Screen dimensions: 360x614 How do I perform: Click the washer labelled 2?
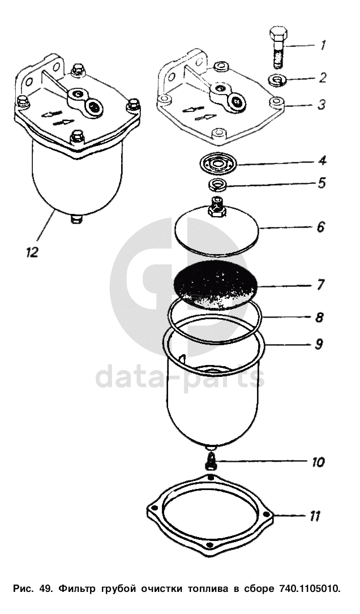point(278,81)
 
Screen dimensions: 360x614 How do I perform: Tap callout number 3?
point(321,105)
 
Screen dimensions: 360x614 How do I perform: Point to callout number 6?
point(321,227)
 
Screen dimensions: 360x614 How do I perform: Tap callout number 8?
point(320,317)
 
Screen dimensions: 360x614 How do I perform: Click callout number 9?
point(319,344)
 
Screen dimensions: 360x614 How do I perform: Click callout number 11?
point(315,517)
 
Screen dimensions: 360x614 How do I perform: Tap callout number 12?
point(32,252)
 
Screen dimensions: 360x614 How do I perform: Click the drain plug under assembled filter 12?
point(76,219)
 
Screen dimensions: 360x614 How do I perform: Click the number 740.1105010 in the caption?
point(310,589)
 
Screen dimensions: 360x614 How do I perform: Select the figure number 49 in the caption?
point(45,589)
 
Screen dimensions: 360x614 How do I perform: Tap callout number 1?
point(323,45)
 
